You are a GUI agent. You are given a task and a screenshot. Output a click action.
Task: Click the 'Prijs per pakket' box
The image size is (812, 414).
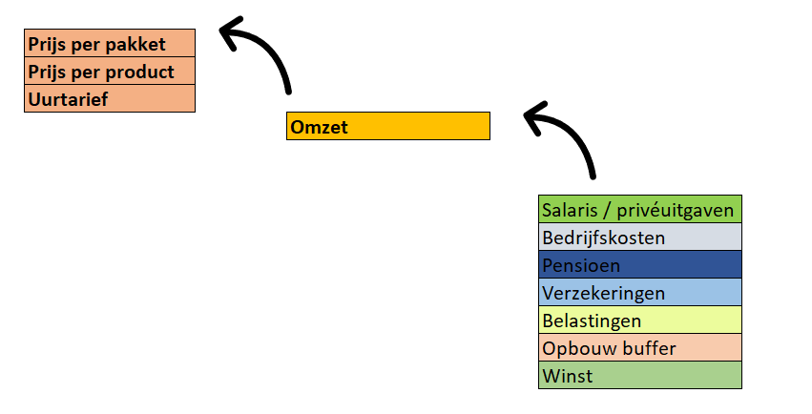pos(110,43)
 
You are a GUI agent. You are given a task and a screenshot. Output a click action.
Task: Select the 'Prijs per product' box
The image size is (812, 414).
pos(110,71)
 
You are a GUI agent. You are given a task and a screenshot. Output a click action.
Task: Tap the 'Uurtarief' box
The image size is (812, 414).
pos(110,98)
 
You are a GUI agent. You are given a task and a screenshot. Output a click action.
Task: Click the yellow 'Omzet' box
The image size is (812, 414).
pos(388,126)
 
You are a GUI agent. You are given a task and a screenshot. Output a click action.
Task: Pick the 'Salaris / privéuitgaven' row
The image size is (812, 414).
pos(640,209)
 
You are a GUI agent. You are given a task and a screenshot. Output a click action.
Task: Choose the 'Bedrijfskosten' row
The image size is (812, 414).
pos(640,237)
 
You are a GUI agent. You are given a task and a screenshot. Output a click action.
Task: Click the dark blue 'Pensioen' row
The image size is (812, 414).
pos(640,264)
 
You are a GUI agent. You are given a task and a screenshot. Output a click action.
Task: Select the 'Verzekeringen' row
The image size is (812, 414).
pos(640,293)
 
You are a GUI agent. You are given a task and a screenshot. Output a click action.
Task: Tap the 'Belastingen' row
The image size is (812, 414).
pos(640,320)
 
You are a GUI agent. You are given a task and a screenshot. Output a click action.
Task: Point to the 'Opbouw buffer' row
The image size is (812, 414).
pos(640,348)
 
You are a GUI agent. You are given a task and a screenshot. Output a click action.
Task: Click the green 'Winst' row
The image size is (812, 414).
pos(640,375)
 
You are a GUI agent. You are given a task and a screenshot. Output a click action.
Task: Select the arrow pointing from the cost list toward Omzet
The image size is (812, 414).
pos(573,133)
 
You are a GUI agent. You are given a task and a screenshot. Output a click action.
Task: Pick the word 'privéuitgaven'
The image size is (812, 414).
pos(676,211)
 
